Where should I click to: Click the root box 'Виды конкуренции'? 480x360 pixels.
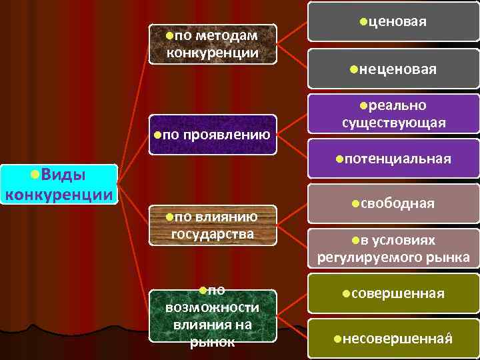(59, 185)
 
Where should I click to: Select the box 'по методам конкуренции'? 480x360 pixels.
(213, 44)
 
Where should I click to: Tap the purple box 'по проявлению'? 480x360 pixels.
(213, 135)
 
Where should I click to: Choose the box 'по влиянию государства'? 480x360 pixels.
(213, 225)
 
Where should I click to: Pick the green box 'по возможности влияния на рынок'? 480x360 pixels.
(213, 317)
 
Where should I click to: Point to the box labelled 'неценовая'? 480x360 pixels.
(393, 68)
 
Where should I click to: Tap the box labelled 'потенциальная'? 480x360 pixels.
(393, 159)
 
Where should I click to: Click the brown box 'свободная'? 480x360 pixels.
(393, 203)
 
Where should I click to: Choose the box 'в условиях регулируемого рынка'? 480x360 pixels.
(393, 249)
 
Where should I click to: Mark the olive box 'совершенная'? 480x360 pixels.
(393, 293)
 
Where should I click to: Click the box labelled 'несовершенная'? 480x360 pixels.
(393, 339)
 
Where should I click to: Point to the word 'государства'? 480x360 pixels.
(213, 233)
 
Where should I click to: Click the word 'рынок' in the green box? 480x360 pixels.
(213, 341)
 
